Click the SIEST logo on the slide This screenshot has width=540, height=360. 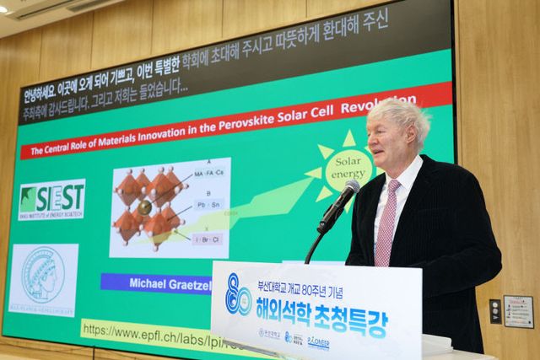click(x=51, y=199)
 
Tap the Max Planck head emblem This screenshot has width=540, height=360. click(x=43, y=277)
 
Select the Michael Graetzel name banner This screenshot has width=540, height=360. click(x=156, y=282)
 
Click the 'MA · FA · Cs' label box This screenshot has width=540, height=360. click(x=209, y=174)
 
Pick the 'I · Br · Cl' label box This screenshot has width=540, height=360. click(x=207, y=239)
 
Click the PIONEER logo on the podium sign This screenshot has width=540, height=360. click(x=318, y=342)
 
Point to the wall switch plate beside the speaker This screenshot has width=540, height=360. click(x=495, y=310)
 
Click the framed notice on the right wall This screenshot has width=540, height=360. click(x=518, y=311)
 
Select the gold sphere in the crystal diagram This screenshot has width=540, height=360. click(x=145, y=207)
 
